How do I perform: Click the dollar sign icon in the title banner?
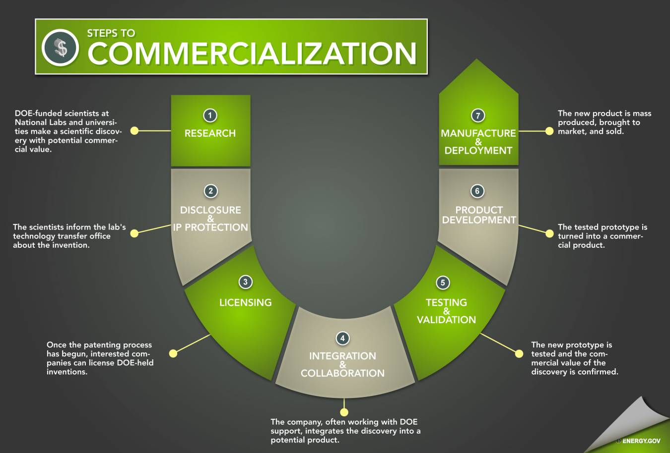(61, 48)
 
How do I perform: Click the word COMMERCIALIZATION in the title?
(252, 54)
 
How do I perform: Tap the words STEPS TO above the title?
(111, 33)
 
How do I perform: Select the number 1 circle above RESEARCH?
(210, 115)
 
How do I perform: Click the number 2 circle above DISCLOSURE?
(210, 191)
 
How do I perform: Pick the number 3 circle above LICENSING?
(245, 282)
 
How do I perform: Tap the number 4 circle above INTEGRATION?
(342, 338)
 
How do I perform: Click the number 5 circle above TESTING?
(443, 283)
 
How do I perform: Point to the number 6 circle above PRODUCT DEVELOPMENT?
(477, 191)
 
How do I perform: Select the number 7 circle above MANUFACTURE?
(478, 115)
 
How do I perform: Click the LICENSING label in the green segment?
(245, 302)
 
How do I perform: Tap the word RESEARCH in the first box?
(210, 133)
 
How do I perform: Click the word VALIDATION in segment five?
(446, 320)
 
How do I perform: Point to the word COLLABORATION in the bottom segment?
(342, 373)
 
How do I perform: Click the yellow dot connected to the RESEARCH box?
(134, 131)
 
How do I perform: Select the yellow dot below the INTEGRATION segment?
(344, 412)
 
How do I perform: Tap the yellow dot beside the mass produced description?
(549, 131)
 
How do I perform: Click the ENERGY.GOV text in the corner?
(641, 441)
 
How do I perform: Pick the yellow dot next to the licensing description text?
(173, 353)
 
